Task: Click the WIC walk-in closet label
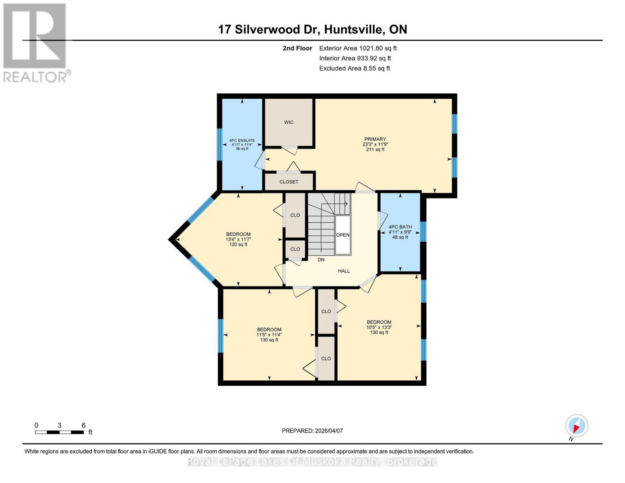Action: click(289, 122)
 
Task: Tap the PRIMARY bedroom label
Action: click(375, 139)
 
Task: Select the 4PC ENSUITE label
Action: click(242, 140)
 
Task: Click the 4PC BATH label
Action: click(400, 227)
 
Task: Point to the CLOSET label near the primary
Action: click(289, 182)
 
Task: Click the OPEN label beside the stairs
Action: click(343, 235)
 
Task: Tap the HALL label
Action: click(344, 271)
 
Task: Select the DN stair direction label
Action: click(321, 260)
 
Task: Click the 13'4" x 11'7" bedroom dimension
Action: click(238, 239)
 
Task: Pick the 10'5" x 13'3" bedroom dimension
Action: click(379, 327)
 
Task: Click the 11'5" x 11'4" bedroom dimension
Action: click(269, 335)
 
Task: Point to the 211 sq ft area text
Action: click(375, 150)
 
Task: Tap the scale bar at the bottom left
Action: click(60, 432)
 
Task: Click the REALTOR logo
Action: click(35, 43)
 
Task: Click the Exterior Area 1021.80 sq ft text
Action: click(358, 48)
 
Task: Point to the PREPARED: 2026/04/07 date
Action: click(312, 431)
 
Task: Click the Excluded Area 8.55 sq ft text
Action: click(354, 68)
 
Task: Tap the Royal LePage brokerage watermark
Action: click(312, 462)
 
